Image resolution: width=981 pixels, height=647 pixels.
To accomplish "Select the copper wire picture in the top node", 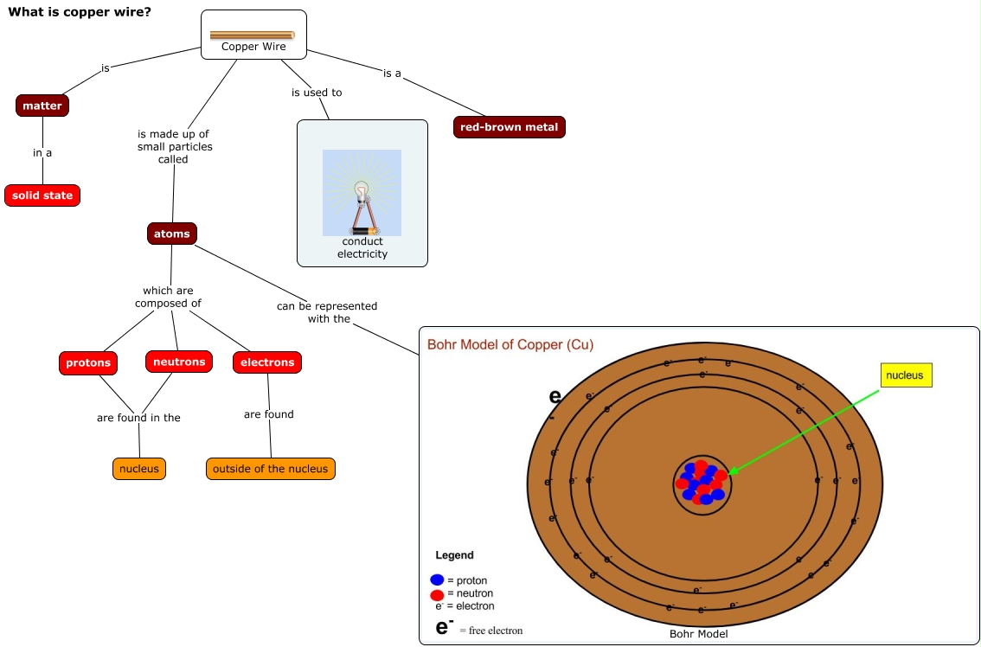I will click(253, 35).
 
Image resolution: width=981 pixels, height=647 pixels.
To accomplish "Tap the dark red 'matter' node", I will click(42, 106).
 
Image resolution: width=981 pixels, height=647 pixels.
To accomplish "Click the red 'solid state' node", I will click(42, 195).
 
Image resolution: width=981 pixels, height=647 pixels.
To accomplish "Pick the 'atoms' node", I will click(171, 234).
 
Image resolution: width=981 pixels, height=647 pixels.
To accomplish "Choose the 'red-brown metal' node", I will click(509, 127).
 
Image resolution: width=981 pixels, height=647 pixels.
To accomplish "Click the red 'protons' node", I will click(88, 362).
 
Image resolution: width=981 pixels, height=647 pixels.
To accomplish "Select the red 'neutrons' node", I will click(179, 362).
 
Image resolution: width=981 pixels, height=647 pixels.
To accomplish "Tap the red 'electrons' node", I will click(267, 362).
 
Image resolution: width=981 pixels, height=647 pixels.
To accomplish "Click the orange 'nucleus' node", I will click(139, 469).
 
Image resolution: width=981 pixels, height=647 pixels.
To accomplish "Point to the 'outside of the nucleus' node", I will click(271, 469).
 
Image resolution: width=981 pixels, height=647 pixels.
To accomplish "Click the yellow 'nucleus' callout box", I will click(905, 375).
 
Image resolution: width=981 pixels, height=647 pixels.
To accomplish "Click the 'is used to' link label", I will click(317, 93).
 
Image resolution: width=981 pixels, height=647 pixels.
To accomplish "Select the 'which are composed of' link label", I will click(168, 297).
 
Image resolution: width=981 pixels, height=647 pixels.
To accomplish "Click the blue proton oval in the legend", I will click(437, 580).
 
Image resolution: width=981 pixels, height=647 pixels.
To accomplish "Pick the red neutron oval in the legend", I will click(437, 595).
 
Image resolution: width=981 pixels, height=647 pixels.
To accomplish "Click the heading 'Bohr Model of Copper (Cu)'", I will click(510, 345).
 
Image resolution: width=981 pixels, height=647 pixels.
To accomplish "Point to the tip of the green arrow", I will click(729, 474).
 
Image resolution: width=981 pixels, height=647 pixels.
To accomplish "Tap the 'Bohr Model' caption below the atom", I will click(699, 634).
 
